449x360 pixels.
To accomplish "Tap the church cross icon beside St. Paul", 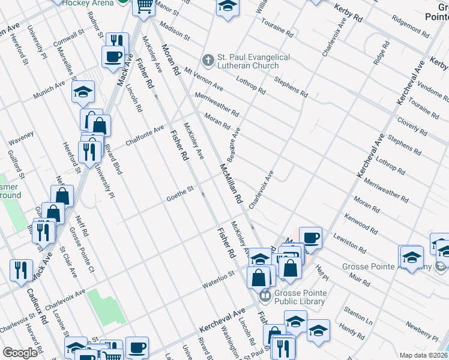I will pyautogui.click(x=208, y=60).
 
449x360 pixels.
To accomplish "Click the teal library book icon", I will pyautogui.click(x=265, y=295).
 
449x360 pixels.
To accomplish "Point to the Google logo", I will pyautogui.click(x=20, y=353).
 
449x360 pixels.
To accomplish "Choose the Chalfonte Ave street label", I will pyautogui.click(x=145, y=135).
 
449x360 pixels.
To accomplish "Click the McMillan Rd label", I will pyautogui.click(x=231, y=182).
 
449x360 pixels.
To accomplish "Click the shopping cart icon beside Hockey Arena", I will pyautogui.click(x=144, y=5).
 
